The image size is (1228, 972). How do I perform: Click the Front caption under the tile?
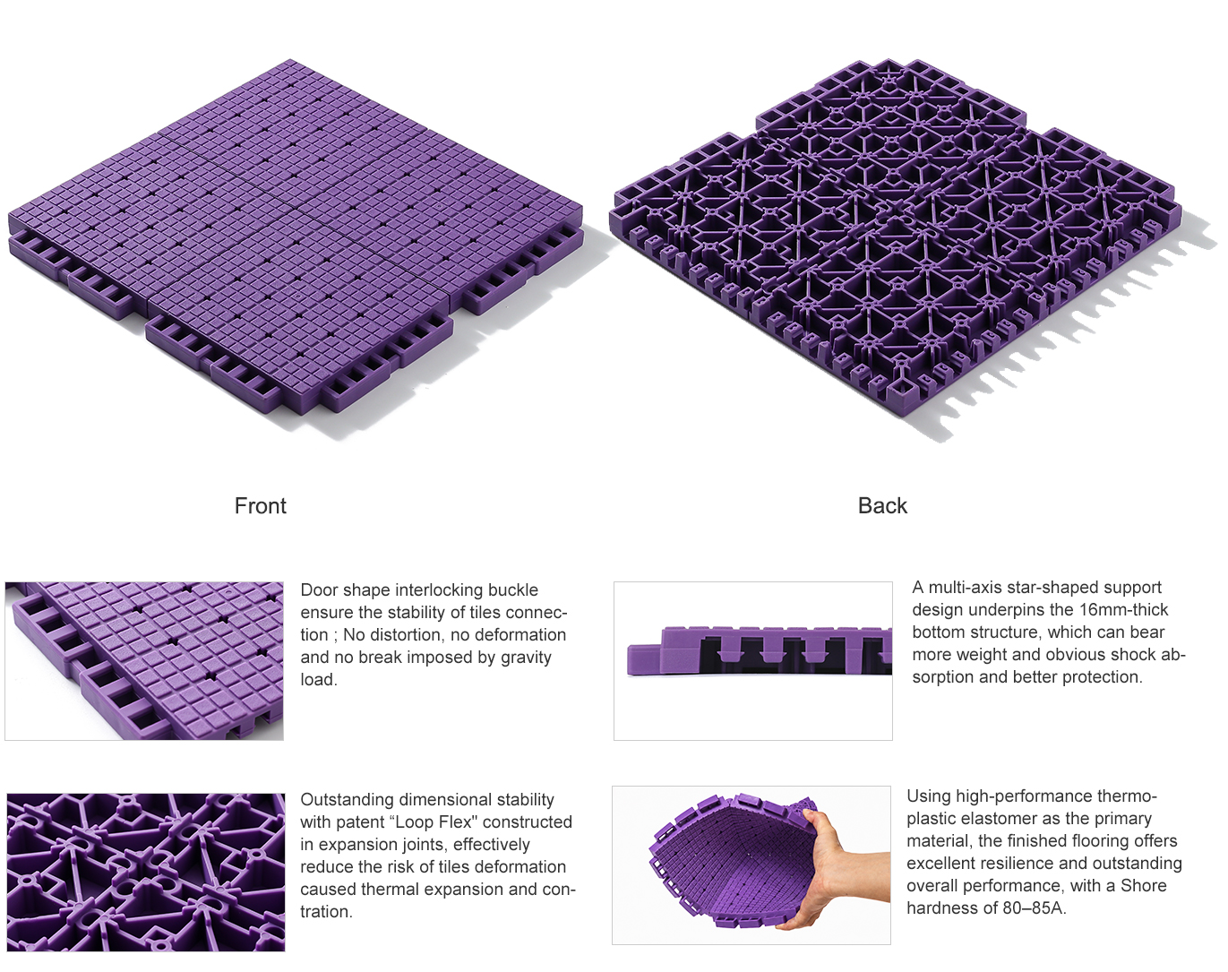click(x=261, y=505)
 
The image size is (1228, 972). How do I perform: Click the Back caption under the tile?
click(x=882, y=505)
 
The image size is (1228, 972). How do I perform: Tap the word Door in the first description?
click(x=319, y=589)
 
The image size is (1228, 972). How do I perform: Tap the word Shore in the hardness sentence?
click(x=1144, y=885)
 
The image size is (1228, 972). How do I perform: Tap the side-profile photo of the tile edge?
click(x=753, y=661)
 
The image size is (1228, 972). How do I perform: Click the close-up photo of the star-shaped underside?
click(x=146, y=873)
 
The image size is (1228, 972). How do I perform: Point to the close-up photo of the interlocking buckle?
click(x=144, y=661)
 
